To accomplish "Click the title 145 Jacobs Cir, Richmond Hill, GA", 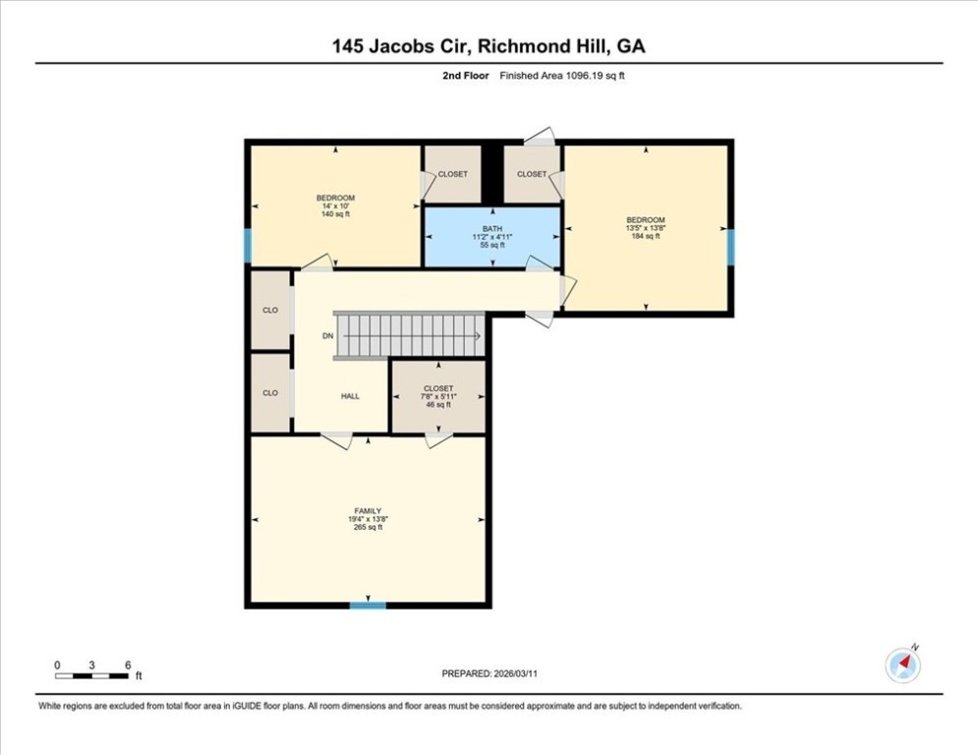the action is tap(489, 46).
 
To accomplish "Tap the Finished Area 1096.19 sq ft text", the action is tap(562, 76).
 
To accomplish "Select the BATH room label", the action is tap(492, 237).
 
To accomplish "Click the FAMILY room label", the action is tap(368, 519).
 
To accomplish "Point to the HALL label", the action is tap(350, 396).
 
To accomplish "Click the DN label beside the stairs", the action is tap(328, 336).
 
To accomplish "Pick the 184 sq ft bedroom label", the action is tap(646, 228).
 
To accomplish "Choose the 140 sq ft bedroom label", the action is tap(335, 206).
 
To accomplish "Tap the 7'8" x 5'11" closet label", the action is tap(438, 397).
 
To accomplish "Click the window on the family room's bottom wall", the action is tap(368, 605).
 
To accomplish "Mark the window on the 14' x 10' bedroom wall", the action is tap(248, 246).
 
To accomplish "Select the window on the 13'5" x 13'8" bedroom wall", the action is tap(730, 247).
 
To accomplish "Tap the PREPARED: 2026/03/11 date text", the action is tap(489, 673).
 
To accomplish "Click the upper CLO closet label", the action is tap(270, 310).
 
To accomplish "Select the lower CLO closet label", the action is tap(270, 393).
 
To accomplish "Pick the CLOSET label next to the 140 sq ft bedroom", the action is tap(453, 174).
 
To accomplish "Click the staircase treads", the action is tap(409, 335).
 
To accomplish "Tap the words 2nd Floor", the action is tap(466, 76).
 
